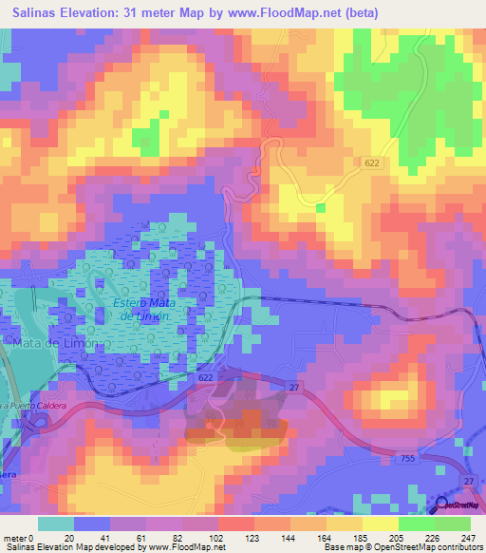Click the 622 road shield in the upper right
click(x=375, y=164)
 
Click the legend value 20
click(x=68, y=537)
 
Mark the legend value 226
click(x=434, y=537)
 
